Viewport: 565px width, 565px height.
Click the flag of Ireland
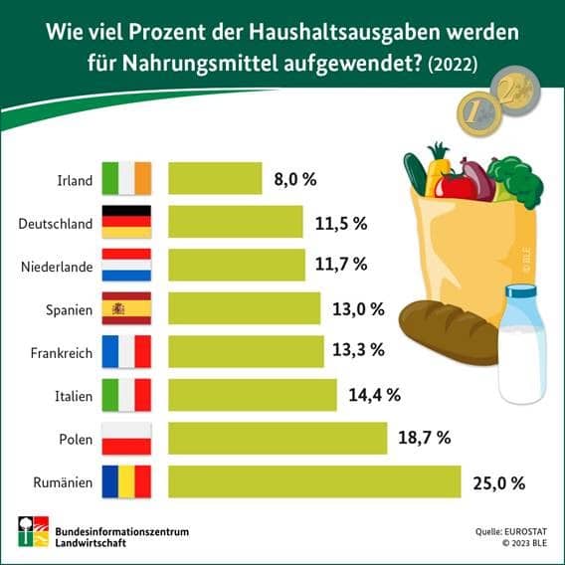coord(126,179)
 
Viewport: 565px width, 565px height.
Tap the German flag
coord(126,222)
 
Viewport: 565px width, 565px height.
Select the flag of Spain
coord(126,308)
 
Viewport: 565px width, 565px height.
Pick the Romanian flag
coord(126,482)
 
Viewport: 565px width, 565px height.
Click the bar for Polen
coord(278,438)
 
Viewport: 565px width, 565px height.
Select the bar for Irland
coord(215,179)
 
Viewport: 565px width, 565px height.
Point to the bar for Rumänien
coord(314,482)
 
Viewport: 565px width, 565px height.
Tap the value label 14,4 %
coord(374,395)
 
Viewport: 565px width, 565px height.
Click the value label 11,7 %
coord(340,265)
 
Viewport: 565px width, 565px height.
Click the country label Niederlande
coord(58,266)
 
